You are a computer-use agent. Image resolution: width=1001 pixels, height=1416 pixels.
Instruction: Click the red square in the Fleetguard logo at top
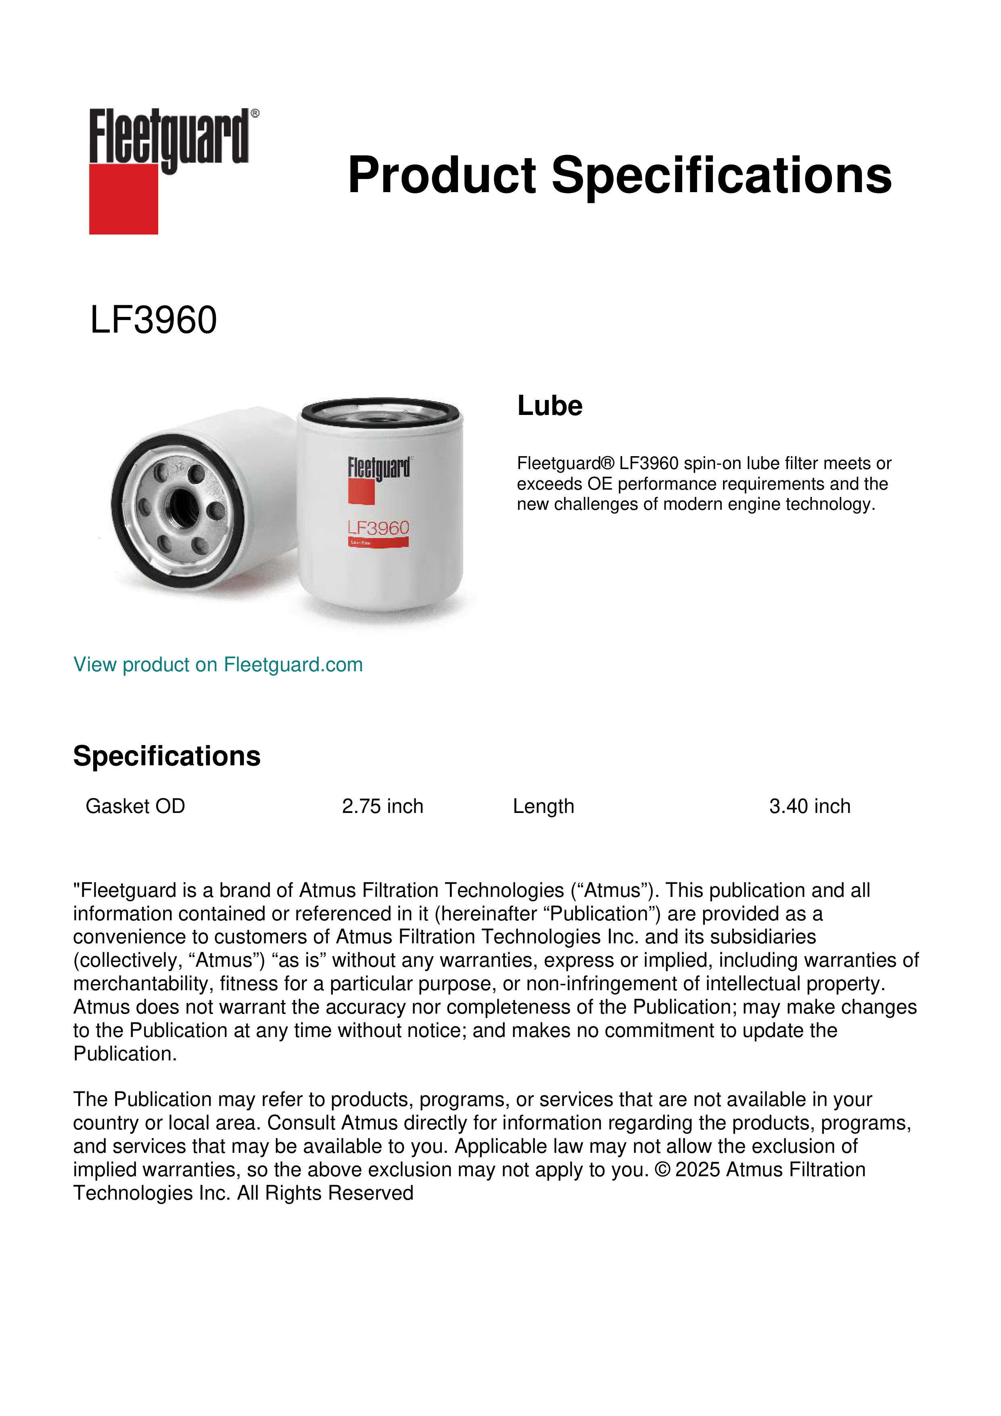click(123, 199)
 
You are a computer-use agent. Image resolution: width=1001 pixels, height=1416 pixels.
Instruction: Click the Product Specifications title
click(619, 175)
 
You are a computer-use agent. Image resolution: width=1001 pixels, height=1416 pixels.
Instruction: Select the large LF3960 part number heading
click(153, 320)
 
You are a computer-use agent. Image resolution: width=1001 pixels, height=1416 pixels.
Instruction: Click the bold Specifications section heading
click(166, 756)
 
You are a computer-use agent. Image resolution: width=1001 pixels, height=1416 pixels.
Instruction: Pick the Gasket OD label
click(135, 806)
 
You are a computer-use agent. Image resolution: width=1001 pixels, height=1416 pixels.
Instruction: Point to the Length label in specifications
click(543, 806)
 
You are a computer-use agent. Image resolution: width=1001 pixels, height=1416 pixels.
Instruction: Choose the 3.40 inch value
click(809, 806)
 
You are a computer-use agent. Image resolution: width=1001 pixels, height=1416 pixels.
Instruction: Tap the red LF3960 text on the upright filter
click(378, 528)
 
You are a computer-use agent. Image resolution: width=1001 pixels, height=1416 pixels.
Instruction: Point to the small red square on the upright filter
click(361, 492)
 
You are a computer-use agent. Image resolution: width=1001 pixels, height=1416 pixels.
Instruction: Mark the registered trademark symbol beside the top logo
click(255, 113)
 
